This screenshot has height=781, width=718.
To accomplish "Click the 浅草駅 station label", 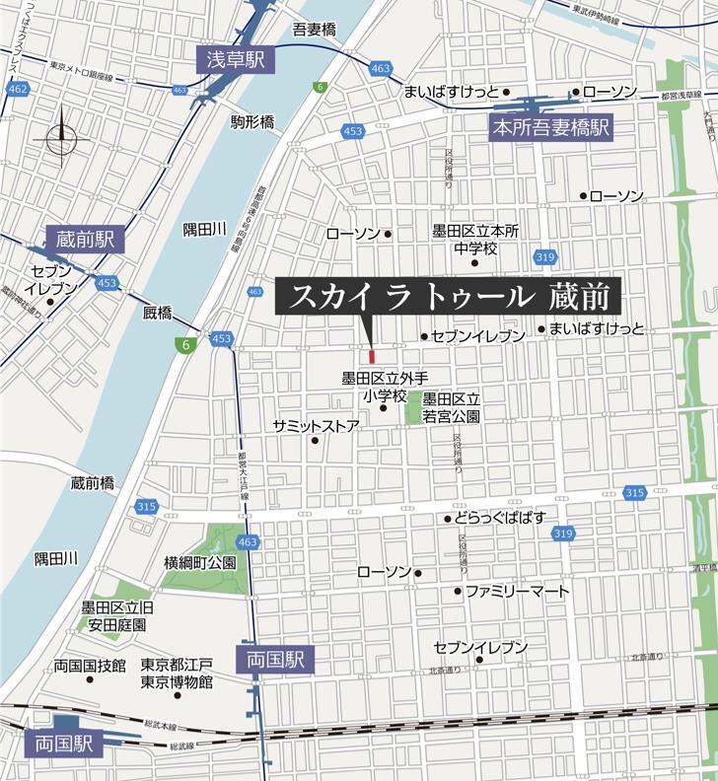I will point(236,60).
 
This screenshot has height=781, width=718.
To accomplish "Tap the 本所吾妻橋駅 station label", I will point(551,127).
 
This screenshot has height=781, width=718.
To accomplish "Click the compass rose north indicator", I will point(60,138).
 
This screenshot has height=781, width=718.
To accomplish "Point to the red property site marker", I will point(372,356).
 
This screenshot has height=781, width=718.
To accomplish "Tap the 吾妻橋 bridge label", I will point(315,30).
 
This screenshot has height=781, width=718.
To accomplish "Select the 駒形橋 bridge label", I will point(252,122).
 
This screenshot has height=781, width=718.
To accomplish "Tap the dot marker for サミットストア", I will point(316,441).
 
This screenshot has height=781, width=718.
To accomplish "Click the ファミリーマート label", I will point(517,592).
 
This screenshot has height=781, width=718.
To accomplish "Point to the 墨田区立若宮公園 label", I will point(451,407).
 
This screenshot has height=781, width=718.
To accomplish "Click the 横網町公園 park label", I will point(200,563).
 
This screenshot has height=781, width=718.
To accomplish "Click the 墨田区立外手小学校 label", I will point(386,387).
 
